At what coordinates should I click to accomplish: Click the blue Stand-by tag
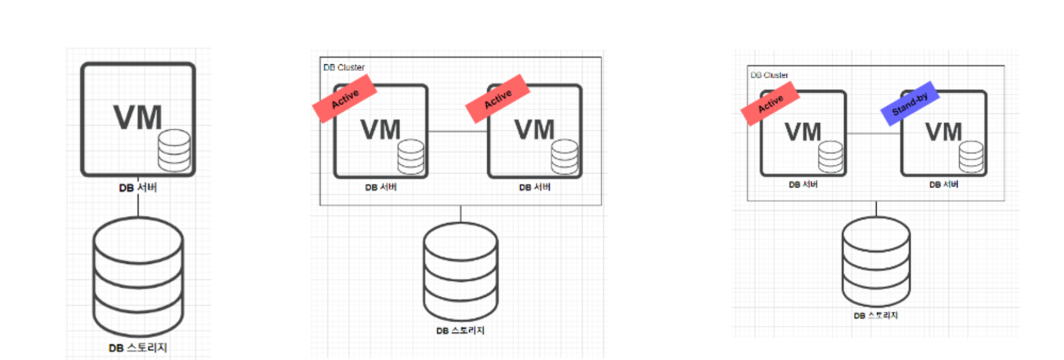910,103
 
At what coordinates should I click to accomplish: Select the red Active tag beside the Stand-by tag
770,103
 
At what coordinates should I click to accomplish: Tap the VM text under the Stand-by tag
943,132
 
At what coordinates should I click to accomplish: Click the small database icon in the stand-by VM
971,156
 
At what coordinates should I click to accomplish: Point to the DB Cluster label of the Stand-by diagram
769,75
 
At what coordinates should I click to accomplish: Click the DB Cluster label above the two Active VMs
344,68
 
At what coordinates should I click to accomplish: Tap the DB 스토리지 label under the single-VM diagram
138,348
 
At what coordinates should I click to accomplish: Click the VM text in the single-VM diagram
137,118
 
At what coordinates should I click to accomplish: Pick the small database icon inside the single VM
174,150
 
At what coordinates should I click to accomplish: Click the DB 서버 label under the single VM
138,188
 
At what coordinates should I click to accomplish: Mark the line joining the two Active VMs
458,131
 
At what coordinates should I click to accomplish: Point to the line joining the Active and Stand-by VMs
873,133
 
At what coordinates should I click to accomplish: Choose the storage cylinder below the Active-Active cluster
461,271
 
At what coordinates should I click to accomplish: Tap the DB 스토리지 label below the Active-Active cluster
460,331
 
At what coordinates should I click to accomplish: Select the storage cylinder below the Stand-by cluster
876,261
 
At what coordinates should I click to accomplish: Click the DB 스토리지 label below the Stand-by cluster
876,315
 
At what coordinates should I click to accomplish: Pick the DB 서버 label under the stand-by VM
944,185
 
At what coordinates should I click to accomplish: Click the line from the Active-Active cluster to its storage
461,213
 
